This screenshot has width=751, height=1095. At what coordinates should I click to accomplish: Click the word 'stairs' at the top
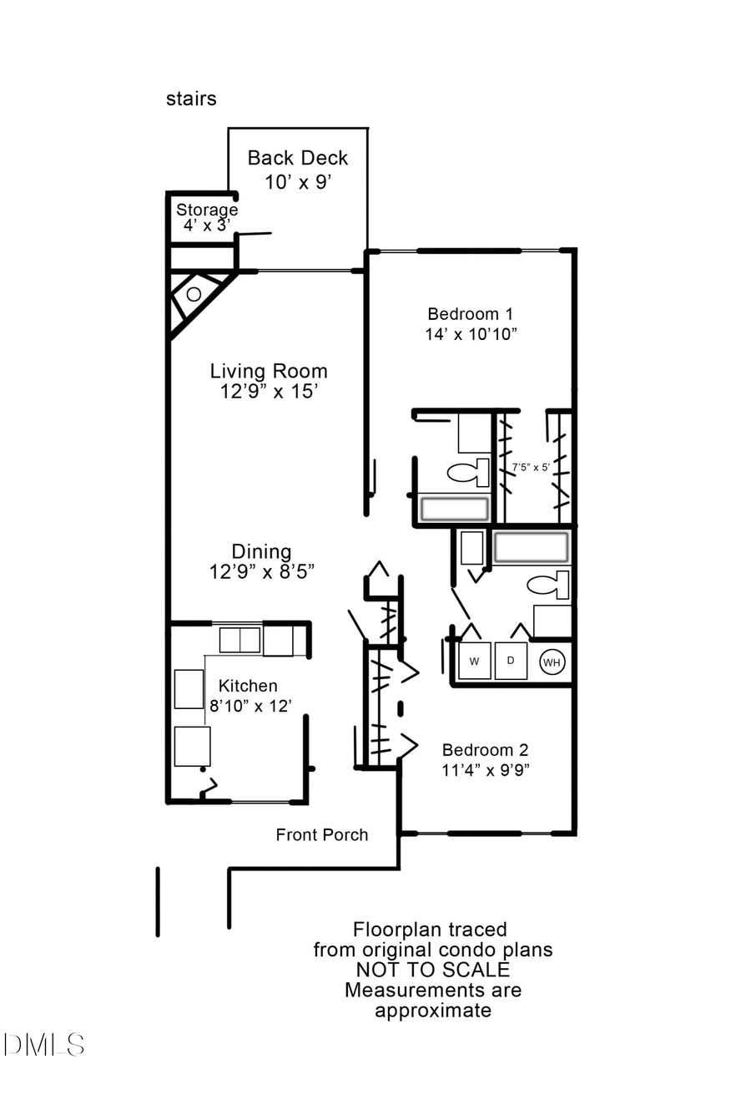tap(191, 99)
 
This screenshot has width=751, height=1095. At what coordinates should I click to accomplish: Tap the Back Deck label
tap(298, 158)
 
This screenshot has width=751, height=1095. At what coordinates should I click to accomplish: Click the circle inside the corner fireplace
tap(194, 294)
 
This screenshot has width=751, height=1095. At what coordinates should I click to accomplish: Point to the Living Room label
tap(268, 371)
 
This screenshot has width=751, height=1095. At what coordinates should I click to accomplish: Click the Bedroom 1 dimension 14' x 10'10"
tap(471, 334)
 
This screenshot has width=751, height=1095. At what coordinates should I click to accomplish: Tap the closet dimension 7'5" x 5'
tap(531, 467)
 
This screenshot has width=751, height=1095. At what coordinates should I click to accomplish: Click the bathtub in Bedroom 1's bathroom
tap(454, 509)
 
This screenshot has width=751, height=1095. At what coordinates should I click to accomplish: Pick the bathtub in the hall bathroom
tap(531, 548)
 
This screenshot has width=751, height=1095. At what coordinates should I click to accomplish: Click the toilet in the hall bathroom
tap(548, 586)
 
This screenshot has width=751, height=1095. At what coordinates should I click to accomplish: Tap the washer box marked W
tap(474, 662)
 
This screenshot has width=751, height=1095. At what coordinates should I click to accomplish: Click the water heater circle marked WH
tap(552, 662)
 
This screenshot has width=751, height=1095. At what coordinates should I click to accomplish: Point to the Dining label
tap(261, 551)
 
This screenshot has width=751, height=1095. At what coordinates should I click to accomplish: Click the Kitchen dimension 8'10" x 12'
tap(249, 706)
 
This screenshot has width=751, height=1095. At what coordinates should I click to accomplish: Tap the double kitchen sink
tap(239, 640)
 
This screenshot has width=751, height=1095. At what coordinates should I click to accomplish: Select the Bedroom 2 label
tap(485, 750)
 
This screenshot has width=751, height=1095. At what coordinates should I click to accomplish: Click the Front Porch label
tap(321, 834)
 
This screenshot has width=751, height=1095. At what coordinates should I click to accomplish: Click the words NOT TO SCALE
tap(432, 970)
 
